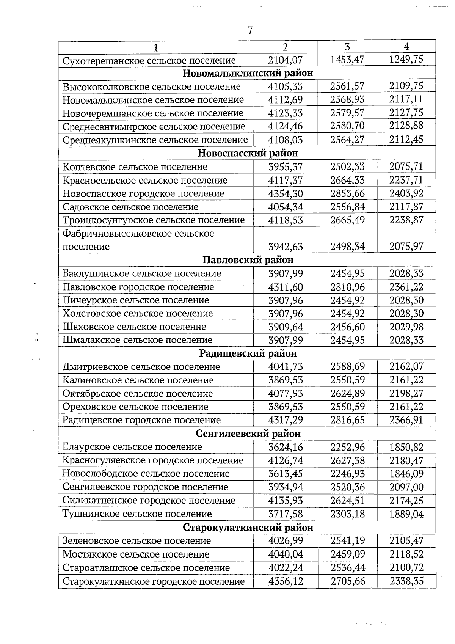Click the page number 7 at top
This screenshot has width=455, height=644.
(x=250, y=30)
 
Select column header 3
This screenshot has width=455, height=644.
(x=347, y=47)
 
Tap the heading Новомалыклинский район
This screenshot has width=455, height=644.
(x=248, y=73)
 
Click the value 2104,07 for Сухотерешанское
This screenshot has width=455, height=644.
(x=285, y=60)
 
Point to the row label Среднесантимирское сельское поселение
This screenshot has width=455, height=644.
(x=154, y=126)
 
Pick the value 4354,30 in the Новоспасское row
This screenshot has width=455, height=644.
(x=285, y=194)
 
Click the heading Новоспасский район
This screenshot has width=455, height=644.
(x=248, y=153)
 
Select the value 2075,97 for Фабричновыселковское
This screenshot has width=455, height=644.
(x=406, y=247)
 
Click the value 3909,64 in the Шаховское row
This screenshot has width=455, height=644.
(x=285, y=327)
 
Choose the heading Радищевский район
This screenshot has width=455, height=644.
(x=248, y=353)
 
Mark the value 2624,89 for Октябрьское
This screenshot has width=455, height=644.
(x=347, y=394)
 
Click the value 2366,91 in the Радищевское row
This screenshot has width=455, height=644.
(x=406, y=420)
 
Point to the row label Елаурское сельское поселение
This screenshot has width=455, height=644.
(x=132, y=447)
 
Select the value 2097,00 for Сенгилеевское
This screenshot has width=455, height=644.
(x=406, y=487)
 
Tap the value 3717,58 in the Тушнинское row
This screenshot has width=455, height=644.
(x=285, y=514)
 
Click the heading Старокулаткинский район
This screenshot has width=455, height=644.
(x=248, y=528)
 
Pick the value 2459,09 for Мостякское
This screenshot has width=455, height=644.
(x=347, y=554)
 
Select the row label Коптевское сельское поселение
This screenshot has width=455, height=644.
(x=135, y=167)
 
